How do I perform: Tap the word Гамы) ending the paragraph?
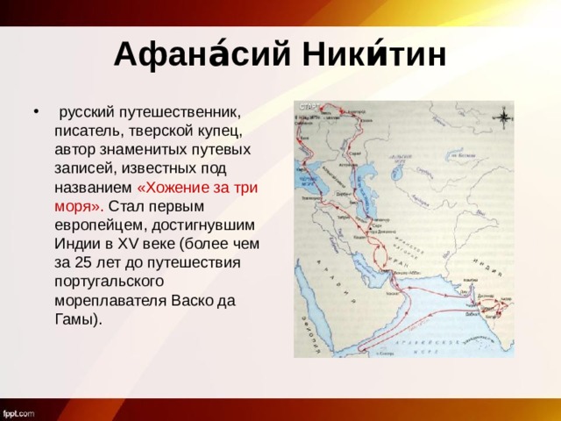[77, 318]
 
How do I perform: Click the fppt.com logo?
[19, 411]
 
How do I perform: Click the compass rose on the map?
[505, 116]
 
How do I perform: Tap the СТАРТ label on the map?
[312, 105]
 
